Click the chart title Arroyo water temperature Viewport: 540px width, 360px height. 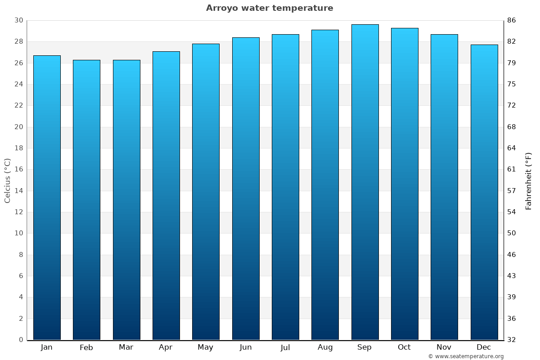coord(270,8)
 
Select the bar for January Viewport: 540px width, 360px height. coord(47,198)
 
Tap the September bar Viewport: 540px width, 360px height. coord(365,182)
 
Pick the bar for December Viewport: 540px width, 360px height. coord(484,192)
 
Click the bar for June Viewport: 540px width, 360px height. coord(246,189)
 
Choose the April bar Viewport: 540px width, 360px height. coord(166,196)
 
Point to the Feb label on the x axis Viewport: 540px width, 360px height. coord(86,347)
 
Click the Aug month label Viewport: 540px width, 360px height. coord(325,347)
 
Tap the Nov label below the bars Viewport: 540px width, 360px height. coord(444,347)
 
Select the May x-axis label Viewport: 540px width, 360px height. coord(205,347)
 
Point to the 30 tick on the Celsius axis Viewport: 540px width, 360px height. coord(18,20)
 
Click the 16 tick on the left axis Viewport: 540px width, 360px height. coord(18,170)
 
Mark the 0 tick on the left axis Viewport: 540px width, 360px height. coord(21,340)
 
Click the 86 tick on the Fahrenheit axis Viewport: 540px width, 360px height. coord(512,20)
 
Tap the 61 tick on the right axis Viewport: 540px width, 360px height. coord(512,170)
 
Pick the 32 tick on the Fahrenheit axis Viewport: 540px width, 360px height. coord(512,340)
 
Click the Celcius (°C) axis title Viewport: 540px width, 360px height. coord(7,180)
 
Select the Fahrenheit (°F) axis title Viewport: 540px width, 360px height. coord(529,180)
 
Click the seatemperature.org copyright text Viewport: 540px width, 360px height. coord(465,356)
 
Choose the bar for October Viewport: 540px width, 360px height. coord(405,184)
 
